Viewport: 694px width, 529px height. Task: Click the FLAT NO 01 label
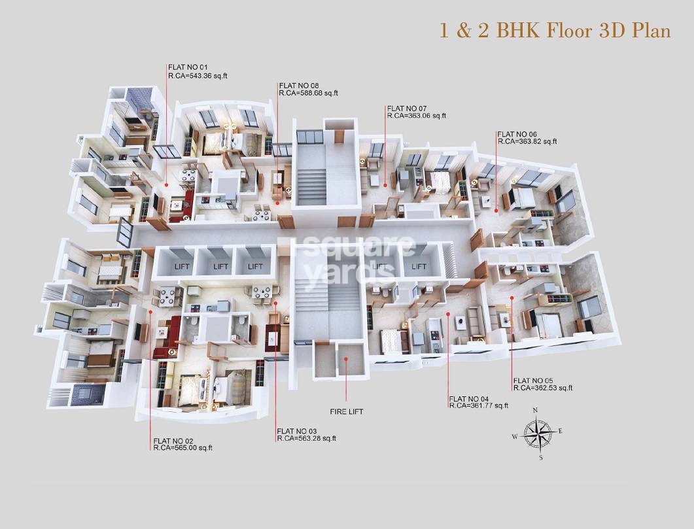click(188, 67)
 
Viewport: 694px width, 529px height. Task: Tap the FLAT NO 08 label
click(299, 86)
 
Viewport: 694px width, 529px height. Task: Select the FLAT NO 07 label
click(407, 109)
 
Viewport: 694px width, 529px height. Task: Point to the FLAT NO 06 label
click(517, 134)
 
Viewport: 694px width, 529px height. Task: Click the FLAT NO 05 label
click(533, 381)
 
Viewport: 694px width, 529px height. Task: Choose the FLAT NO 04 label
click(469, 398)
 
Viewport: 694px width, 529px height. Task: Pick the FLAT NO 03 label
click(296, 432)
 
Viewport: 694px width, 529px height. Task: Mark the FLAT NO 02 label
click(173, 441)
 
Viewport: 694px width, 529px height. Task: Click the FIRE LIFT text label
click(347, 412)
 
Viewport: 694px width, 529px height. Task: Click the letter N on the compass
click(535, 410)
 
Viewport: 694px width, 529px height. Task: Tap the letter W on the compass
click(515, 437)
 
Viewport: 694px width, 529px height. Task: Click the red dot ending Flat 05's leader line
click(512, 298)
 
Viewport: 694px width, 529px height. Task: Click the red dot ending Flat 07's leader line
click(385, 185)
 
